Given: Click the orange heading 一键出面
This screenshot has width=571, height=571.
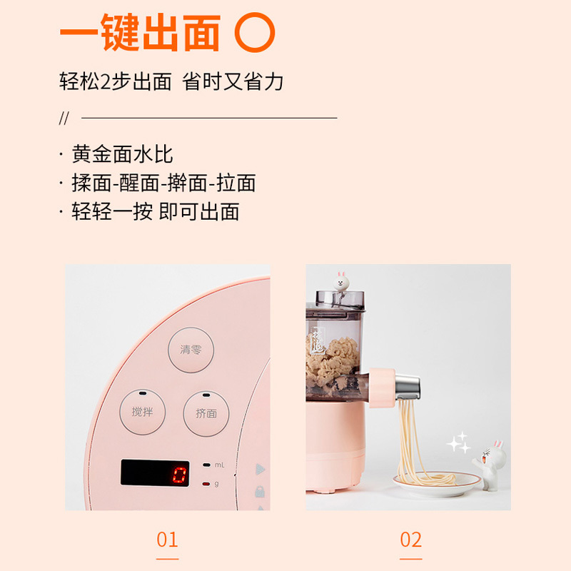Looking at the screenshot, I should pos(141,33).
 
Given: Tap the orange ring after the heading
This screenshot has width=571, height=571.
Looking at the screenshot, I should pos(255,33).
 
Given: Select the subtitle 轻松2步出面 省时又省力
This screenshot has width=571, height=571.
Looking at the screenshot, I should pos(171,81).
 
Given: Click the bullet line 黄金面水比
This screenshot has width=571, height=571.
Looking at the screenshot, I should pos(122,154).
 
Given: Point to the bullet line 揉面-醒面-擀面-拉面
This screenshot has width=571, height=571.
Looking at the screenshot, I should pos(163,183).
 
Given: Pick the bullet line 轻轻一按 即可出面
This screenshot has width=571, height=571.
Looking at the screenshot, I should pos(155,211).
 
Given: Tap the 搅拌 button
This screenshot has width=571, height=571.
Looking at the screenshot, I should pos(142,413).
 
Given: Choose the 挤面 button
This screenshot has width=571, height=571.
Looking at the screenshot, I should pos(206,413).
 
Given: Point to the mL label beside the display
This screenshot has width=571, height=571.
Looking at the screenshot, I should pos(220,465).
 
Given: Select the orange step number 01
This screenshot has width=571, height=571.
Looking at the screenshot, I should pos(167,540).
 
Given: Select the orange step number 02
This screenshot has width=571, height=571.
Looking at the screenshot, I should pos(410,540).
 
